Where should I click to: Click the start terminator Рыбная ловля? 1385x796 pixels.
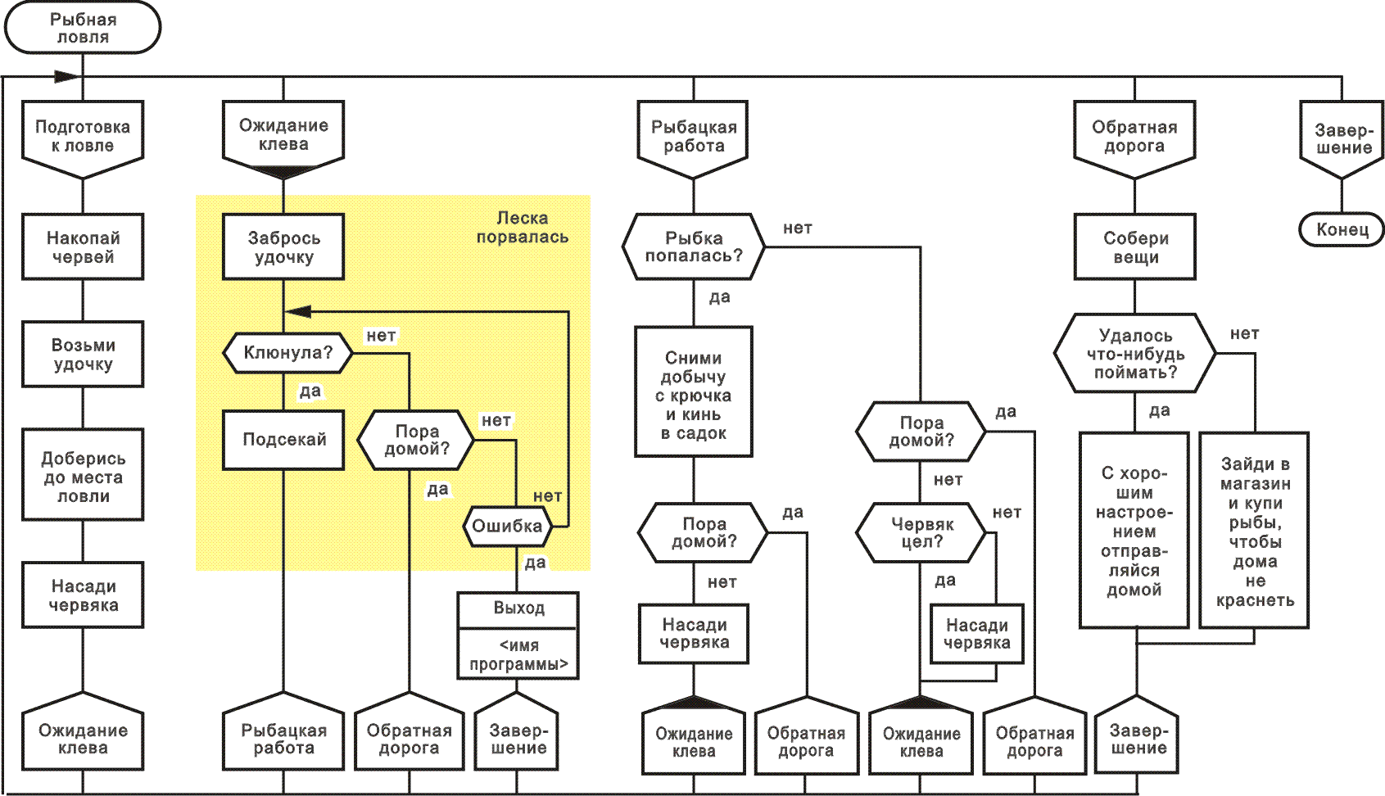click(83, 28)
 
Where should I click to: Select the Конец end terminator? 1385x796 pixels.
click(1342, 229)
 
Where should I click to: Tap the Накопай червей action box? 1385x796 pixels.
click(83, 247)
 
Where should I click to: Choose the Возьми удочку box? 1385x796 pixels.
click(83, 355)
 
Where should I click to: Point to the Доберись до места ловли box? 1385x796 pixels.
click(83, 477)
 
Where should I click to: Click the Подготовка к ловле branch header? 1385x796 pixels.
click(83, 137)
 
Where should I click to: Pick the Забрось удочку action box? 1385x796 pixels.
click(283, 247)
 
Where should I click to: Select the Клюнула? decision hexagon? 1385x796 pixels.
click(287, 353)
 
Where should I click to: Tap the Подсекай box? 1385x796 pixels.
click(283, 440)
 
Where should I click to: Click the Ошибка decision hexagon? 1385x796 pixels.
click(507, 526)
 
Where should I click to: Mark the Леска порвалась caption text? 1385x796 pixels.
click(522, 228)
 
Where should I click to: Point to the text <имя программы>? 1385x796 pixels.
click(518, 655)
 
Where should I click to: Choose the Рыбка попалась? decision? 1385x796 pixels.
click(694, 247)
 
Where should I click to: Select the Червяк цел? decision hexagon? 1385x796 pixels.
click(921, 532)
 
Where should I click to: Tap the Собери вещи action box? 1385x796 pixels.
click(1135, 247)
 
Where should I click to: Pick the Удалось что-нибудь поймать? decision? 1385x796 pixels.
click(1135, 354)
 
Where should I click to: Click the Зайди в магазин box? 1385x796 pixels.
click(1255, 531)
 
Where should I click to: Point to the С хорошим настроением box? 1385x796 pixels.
click(1134, 531)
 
